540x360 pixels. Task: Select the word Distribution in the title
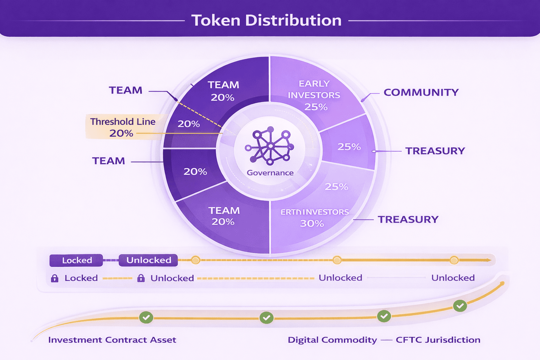tap(293, 20)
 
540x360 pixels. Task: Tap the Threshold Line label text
tap(123, 122)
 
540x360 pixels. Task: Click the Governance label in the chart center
tap(270, 173)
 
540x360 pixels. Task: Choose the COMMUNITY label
tap(421, 92)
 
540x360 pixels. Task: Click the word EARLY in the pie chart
tap(314, 84)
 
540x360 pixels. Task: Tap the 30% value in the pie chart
tap(312, 223)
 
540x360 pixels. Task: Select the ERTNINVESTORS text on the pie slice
tap(314, 212)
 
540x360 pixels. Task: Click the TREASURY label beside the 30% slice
tap(408, 219)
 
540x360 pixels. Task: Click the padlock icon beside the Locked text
tap(54, 278)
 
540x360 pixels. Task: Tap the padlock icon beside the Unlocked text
tap(141, 278)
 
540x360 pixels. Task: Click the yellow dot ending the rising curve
tap(502, 283)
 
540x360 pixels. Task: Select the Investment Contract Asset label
tap(112, 340)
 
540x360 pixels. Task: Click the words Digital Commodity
tap(332, 340)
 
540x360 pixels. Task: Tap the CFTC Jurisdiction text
tap(438, 340)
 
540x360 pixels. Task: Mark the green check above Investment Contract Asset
tap(146, 317)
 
